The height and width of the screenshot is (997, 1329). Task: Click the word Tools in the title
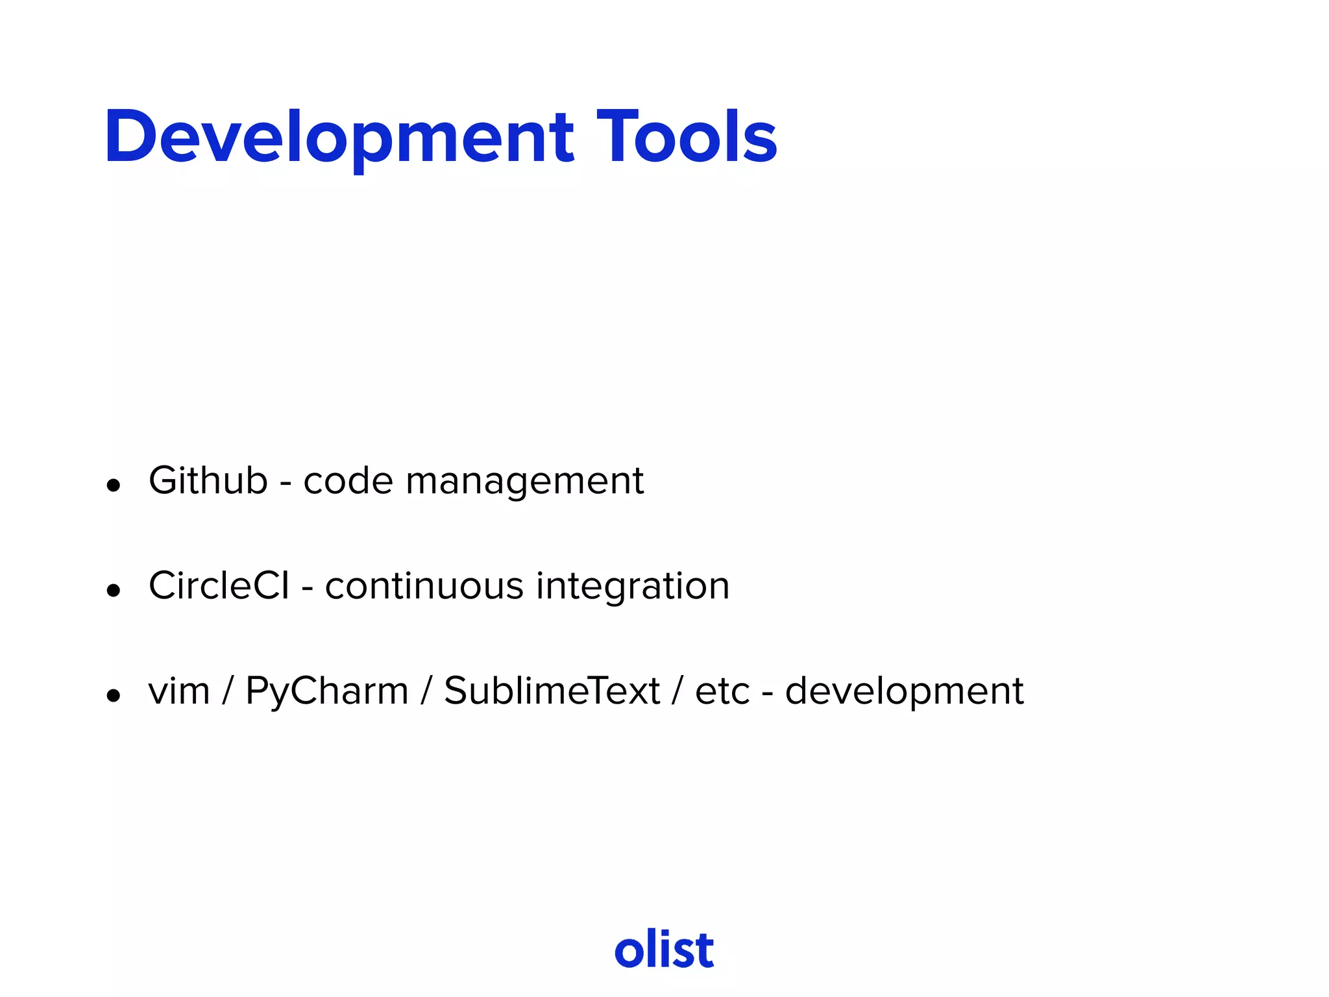click(686, 138)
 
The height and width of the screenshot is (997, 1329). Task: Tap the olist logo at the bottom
click(664, 950)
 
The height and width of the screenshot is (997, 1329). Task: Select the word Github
click(208, 482)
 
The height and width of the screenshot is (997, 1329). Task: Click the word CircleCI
click(219, 586)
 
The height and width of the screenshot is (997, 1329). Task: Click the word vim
click(179, 691)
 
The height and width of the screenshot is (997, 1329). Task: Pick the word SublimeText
click(552, 691)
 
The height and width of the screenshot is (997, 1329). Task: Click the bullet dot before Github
click(114, 485)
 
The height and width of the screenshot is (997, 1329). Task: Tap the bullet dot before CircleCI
click(114, 590)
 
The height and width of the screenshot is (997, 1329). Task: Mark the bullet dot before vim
click(114, 695)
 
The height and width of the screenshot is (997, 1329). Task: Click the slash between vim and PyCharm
click(227, 691)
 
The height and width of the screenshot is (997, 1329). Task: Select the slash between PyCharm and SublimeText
click(426, 691)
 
